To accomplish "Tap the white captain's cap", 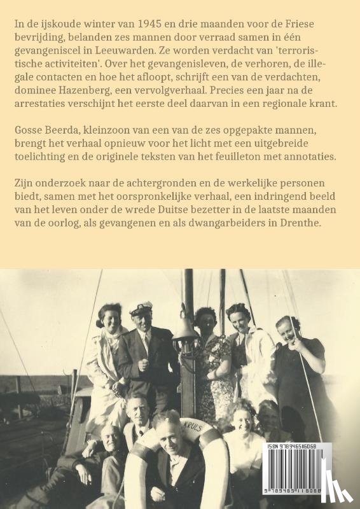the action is [141, 308].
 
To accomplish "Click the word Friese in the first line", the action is [314, 24].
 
